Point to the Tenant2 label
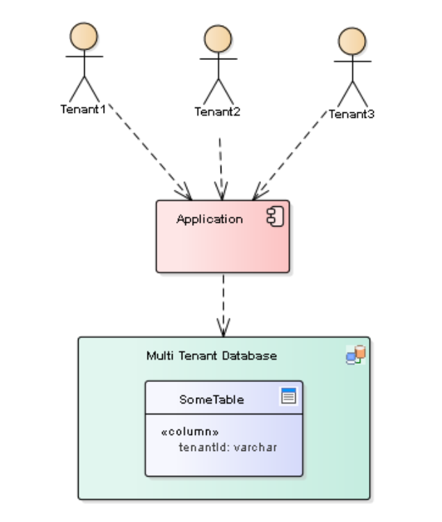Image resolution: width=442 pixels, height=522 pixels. pos(217,112)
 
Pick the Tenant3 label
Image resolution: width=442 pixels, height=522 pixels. pos(352,114)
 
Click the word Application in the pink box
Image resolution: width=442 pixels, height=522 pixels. pos(210,219)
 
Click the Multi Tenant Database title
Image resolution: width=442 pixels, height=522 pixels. pos(212,355)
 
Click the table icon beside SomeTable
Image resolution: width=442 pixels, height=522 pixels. pos(288,397)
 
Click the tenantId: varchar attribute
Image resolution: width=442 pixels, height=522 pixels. pos(228,447)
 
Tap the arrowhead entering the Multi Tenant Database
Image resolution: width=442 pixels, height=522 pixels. pos(223,328)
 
